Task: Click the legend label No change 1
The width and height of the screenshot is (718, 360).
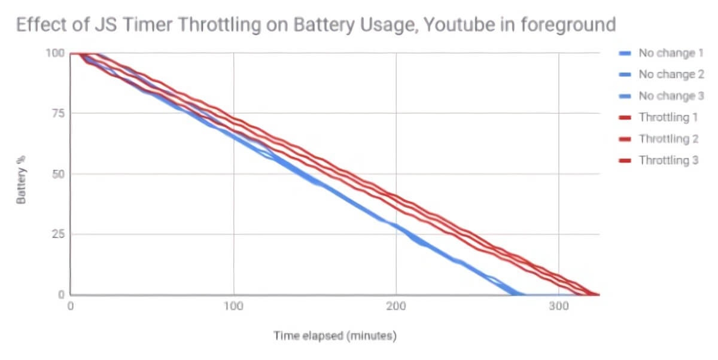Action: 671,53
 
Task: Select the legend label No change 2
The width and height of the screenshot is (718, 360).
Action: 671,75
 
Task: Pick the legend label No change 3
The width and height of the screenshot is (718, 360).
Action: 671,96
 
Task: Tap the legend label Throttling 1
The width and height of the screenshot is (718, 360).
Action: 668,117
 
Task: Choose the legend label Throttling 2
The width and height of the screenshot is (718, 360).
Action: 668,139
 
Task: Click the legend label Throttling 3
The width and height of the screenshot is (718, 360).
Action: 668,160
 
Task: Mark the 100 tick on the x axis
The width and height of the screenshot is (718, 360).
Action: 233,306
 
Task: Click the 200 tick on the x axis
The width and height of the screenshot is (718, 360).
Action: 396,306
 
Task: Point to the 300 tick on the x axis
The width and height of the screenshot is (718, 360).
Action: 559,306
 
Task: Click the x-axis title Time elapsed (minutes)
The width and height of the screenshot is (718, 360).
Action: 335,335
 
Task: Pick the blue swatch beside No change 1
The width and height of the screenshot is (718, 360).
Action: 624,54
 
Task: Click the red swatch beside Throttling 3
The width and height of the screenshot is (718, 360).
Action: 624,161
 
